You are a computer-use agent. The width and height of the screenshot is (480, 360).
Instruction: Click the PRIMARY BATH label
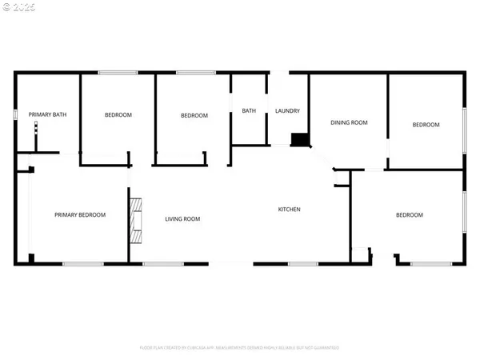pos(47,115)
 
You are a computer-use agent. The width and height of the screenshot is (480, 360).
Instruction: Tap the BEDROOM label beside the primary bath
pos(118,115)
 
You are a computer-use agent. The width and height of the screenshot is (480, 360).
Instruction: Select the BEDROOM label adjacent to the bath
pos(194,115)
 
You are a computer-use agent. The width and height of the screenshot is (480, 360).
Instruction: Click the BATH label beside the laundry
pos(249,111)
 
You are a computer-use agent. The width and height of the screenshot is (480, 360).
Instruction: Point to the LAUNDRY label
pos(287,111)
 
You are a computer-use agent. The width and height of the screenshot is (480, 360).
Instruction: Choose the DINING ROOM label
pos(349,122)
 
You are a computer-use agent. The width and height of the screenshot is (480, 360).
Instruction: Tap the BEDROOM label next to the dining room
pos(426,124)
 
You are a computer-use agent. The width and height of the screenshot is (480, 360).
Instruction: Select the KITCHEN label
pos(289,210)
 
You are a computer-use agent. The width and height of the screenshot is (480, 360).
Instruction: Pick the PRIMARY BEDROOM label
pos(80,214)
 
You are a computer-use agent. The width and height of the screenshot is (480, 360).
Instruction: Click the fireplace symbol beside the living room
pos(135,220)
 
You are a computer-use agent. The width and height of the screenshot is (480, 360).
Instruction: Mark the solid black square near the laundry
pos(301,140)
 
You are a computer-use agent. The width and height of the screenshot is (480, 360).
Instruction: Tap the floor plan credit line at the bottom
pos(239,348)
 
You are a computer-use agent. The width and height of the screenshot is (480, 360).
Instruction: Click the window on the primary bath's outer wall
pos(16,115)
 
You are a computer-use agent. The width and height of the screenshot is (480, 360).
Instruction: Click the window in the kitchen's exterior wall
pos(302,263)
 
